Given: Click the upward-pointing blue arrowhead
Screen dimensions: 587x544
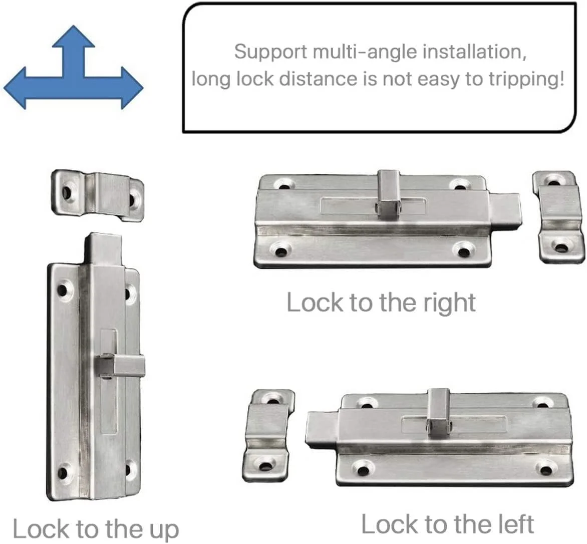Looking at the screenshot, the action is coord(73,37).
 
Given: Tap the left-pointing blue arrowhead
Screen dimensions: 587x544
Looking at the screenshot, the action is coord(15,88).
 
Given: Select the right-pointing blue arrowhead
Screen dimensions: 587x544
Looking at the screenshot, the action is coord(132,88).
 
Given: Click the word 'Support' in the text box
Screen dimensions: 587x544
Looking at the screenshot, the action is coord(270,52).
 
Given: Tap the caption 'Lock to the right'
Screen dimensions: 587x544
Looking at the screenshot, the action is coord(381,302).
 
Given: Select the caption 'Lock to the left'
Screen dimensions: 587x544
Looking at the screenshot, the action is coord(447,524).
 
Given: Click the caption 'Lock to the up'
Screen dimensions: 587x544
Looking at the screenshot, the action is coord(96,528).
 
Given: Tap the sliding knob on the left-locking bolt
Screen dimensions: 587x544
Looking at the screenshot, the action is coord(440,414).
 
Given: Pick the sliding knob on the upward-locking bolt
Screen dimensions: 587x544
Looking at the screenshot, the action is coord(120,365).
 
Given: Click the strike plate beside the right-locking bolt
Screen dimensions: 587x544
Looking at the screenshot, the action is coord(558,217).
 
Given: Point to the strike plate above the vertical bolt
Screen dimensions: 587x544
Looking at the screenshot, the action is coord(97,195).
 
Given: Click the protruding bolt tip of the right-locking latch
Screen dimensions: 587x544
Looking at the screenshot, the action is coord(505,210).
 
